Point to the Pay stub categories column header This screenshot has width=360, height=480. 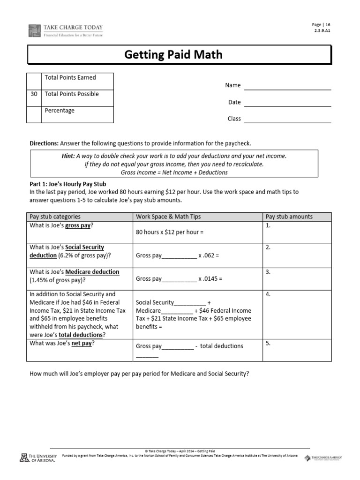[55, 217]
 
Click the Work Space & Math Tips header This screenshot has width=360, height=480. [168, 217]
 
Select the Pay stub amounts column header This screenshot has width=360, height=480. [289, 217]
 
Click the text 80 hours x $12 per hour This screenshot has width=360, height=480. [169, 232]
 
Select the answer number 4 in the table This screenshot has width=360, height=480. [268, 295]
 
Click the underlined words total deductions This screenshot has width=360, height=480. [82, 335]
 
